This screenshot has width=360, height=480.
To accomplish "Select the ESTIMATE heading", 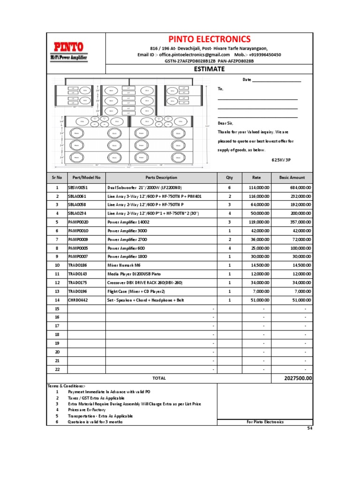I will click(x=209, y=69).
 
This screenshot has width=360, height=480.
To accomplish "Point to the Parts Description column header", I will click(x=161, y=178).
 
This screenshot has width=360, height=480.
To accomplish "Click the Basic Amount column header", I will click(x=292, y=178).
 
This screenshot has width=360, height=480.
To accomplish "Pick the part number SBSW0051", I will click(x=78, y=187).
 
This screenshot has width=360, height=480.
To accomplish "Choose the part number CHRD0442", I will click(x=78, y=300).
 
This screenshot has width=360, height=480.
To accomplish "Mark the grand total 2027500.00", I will click(x=298, y=378).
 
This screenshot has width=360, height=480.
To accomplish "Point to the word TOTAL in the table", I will click(x=159, y=378).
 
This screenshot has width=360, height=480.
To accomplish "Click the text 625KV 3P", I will click(x=281, y=159).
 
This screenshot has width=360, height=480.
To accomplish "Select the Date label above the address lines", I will click(x=247, y=80).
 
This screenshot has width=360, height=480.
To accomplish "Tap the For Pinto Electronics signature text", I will click(x=265, y=422).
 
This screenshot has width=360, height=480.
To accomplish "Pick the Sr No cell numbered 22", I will click(x=57, y=369).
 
